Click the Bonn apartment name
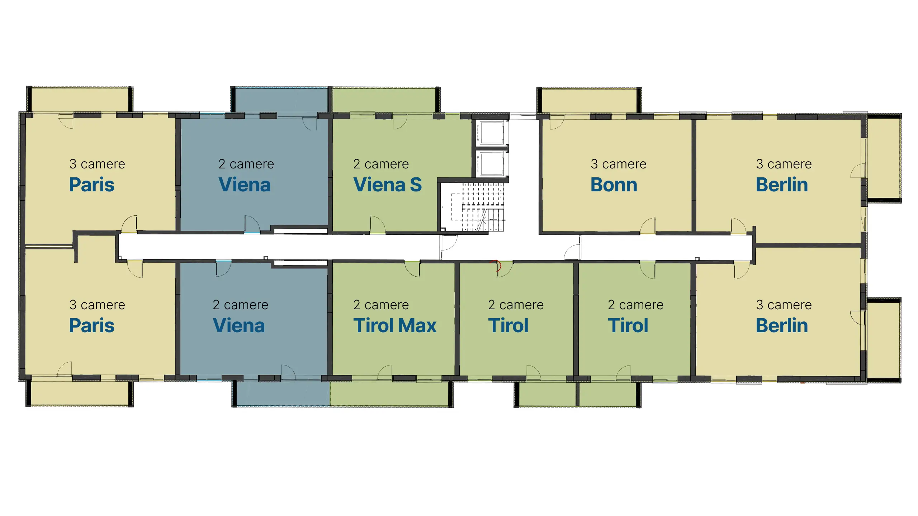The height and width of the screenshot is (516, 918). click(x=614, y=185)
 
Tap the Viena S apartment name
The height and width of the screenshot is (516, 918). click(x=387, y=185)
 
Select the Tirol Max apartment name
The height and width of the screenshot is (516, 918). click(x=395, y=326)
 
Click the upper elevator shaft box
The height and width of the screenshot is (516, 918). click(x=492, y=133)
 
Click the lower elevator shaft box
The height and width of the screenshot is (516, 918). click(x=492, y=164)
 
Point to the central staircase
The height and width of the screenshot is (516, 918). click(x=477, y=207)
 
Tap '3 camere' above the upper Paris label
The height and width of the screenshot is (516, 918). click(x=97, y=164)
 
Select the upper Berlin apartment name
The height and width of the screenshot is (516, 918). click(x=782, y=185)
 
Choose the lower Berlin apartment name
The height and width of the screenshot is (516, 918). click(x=782, y=326)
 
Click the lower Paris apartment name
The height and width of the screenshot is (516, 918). click(x=92, y=326)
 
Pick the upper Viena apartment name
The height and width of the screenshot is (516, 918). click(x=245, y=185)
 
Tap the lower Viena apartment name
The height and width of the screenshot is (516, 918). click(x=239, y=326)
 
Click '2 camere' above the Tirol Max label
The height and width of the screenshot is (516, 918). click(x=381, y=305)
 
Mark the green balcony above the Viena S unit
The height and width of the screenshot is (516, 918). click(x=384, y=100)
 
